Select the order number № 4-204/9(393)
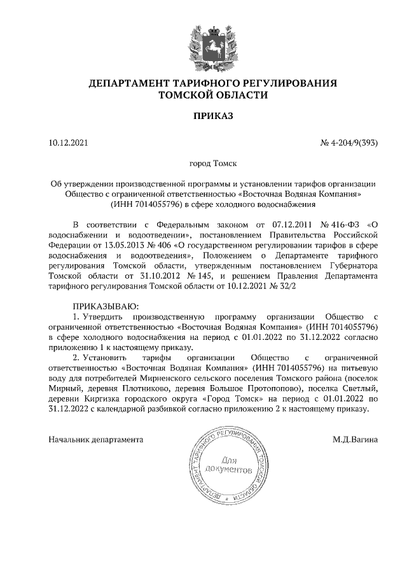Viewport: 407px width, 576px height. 349,143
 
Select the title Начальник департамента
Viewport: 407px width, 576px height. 96,439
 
